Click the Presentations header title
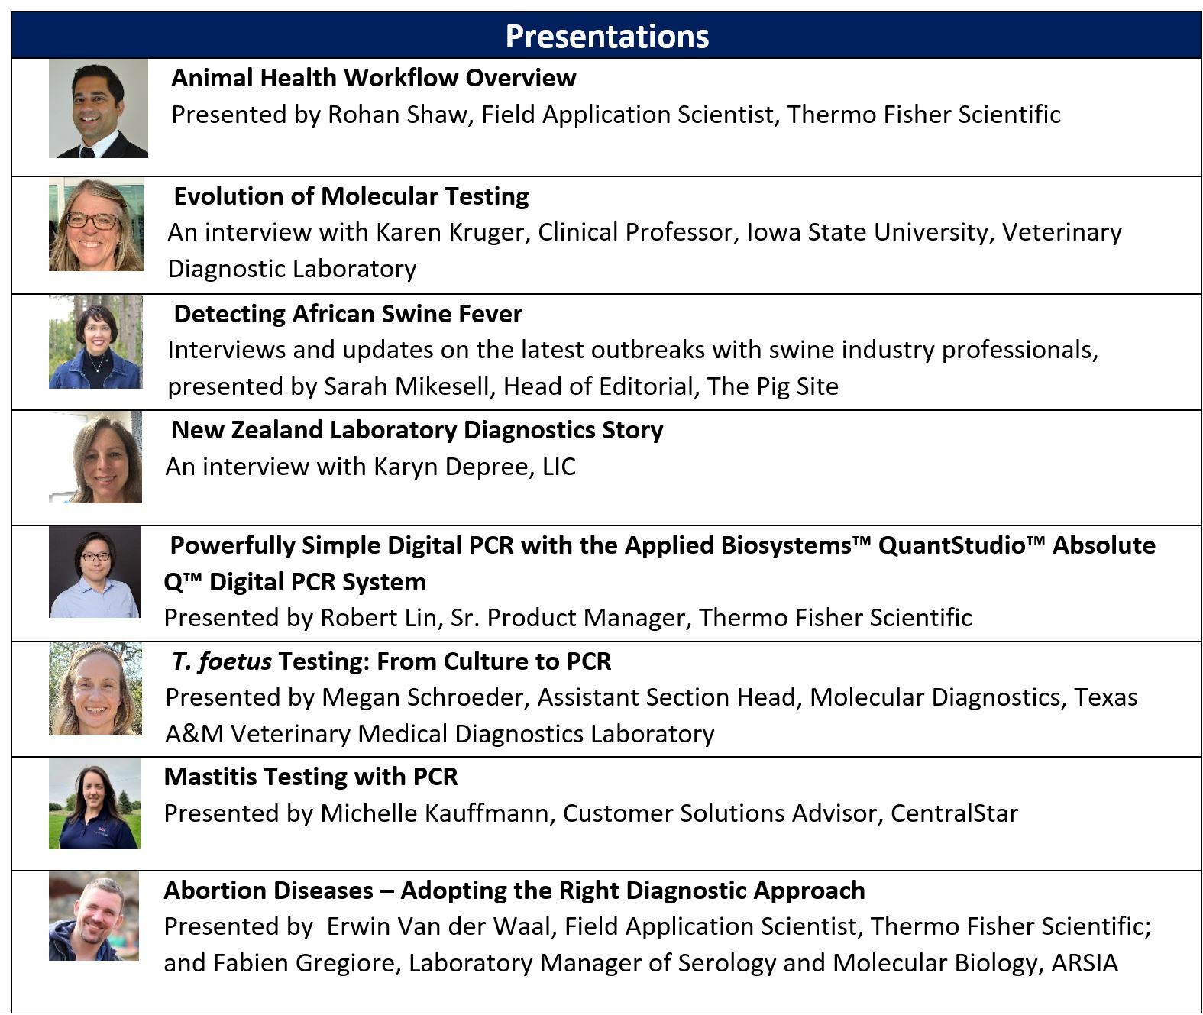tap(606, 37)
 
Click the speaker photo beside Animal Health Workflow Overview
tap(99, 108)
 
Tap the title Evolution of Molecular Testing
tap(351, 196)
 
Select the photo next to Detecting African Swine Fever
tap(95, 341)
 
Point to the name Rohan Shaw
tap(400, 115)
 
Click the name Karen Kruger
tap(453, 233)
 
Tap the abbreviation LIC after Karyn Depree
tap(559, 467)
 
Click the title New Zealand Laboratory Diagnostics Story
tap(417, 430)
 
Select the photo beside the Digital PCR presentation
tap(95, 572)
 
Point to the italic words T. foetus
tap(222, 661)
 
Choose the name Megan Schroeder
tap(425, 697)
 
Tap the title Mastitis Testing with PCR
tap(311, 777)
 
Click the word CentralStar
tap(954, 813)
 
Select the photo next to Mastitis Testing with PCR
tap(95, 803)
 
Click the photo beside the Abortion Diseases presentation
tap(94, 916)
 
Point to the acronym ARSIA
tap(1085, 963)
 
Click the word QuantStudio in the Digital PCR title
tap(953, 545)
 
